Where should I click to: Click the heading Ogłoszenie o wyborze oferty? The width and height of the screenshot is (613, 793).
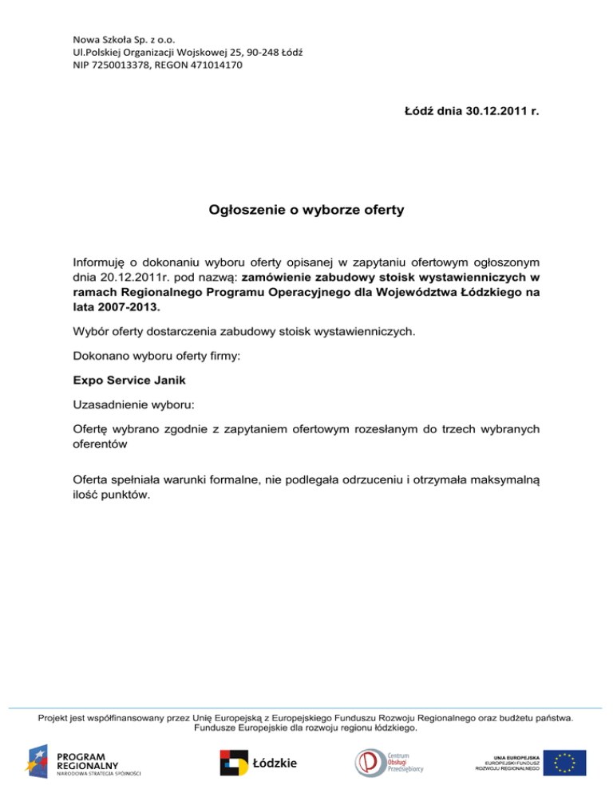(x=306, y=211)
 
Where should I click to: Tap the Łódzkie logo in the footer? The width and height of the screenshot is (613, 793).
(x=259, y=763)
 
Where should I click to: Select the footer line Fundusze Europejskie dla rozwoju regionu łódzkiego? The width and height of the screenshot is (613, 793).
(x=306, y=728)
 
